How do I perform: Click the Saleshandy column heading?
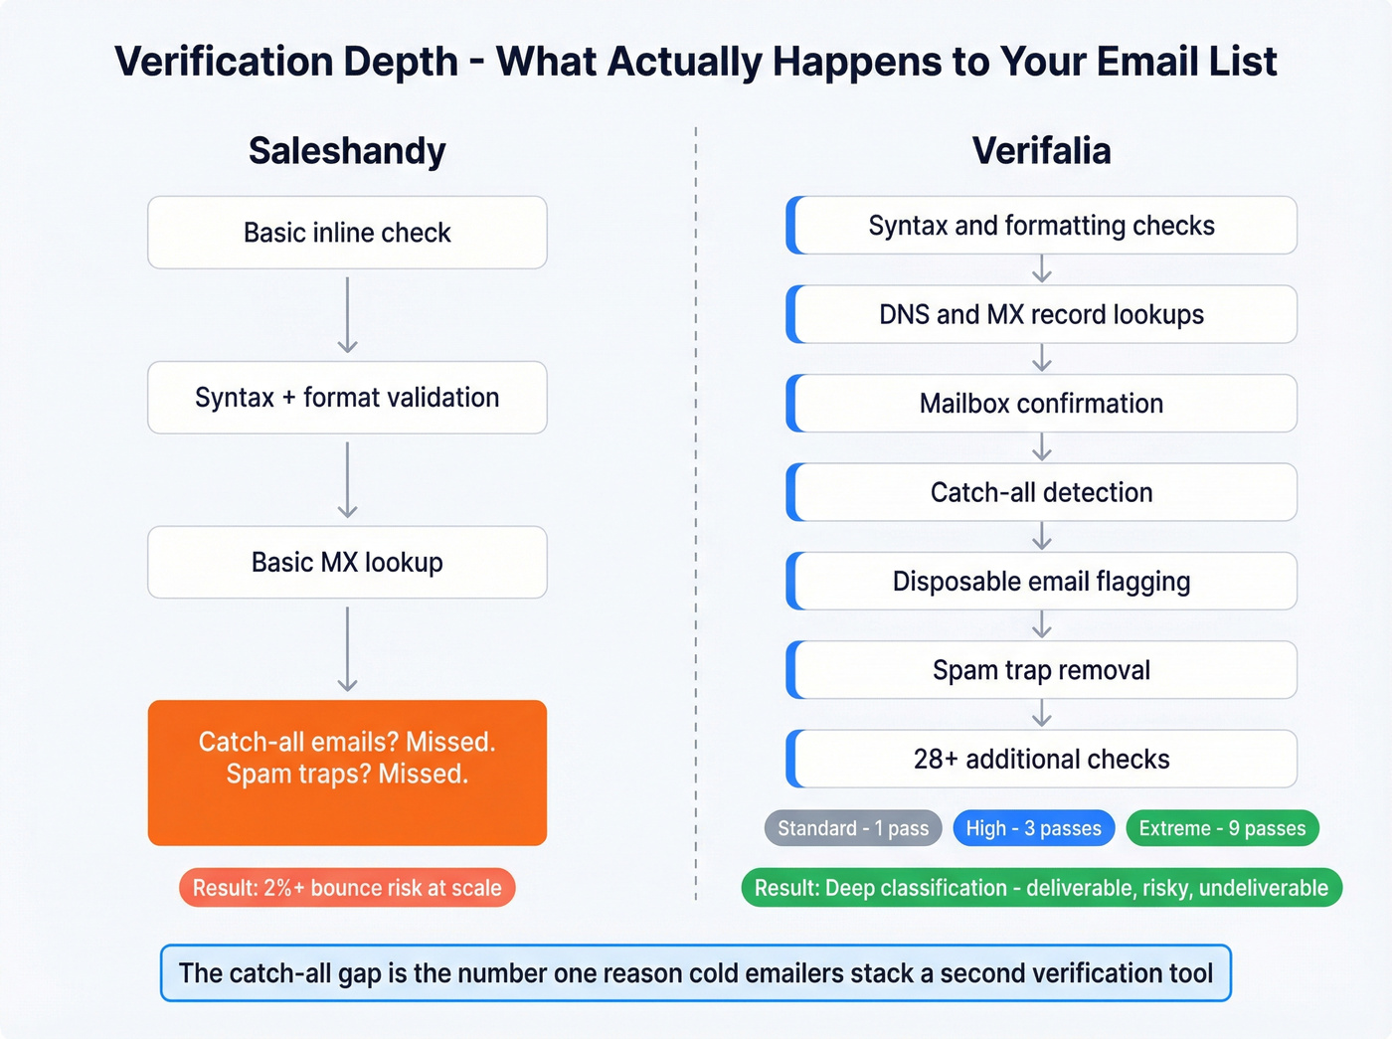347,151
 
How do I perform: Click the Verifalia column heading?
1041,151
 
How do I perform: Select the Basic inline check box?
347,233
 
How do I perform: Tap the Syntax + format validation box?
347,398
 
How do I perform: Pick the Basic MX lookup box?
347,563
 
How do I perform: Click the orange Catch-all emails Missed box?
347,773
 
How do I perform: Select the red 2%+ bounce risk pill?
347,888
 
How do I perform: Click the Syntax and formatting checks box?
1041,226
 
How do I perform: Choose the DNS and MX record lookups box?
1041,314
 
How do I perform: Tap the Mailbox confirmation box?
1041,404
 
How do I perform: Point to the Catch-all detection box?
1041,492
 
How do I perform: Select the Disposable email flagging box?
1041,582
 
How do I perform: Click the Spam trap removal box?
1041,670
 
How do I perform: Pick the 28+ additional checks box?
1041,760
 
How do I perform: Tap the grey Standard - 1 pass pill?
852,828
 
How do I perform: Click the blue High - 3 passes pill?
1033,828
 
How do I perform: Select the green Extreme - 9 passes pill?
1222,828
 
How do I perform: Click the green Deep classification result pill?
1041,888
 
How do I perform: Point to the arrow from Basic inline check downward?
347,315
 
